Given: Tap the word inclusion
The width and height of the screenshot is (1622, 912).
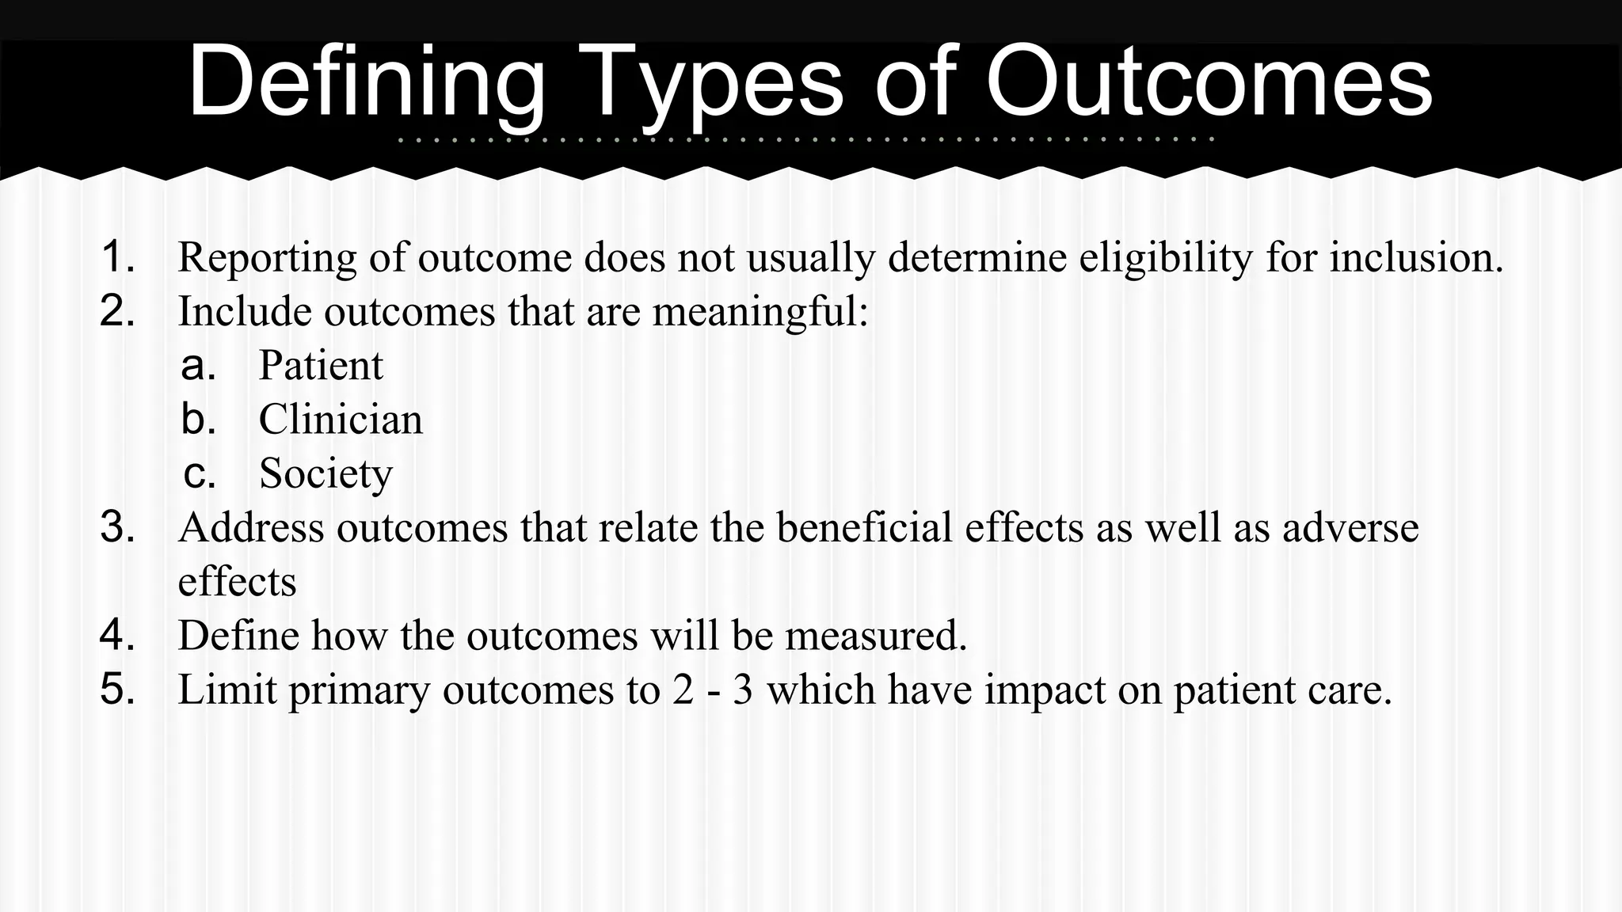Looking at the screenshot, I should click(x=1415, y=257).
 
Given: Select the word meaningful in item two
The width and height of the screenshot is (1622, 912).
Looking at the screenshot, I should click(x=760, y=312).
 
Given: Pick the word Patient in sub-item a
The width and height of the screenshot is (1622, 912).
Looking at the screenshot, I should click(x=321, y=366).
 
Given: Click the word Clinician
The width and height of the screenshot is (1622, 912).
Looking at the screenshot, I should click(x=341, y=420).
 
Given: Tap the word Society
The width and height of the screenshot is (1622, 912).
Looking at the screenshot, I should click(x=326, y=474).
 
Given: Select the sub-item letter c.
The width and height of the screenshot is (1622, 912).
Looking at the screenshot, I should click(x=199, y=474).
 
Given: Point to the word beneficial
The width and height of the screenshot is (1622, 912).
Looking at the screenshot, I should click(x=864, y=527).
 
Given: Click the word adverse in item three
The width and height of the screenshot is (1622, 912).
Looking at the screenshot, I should click(x=1350, y=527).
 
